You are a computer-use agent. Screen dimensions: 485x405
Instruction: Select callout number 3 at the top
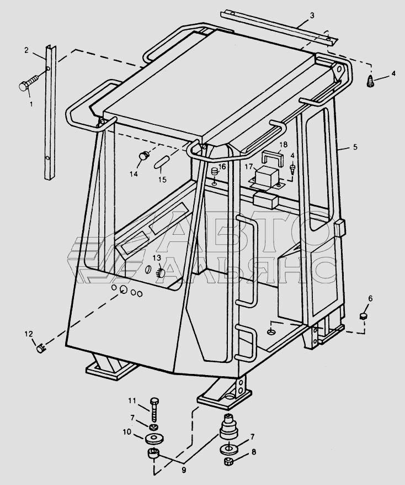click(x=312, y=15)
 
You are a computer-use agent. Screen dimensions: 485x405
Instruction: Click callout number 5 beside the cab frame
click(x=355, y=147)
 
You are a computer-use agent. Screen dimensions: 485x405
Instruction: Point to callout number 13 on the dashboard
click(x=157, y=258)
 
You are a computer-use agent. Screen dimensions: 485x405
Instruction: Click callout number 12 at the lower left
click(x=28, y=333)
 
